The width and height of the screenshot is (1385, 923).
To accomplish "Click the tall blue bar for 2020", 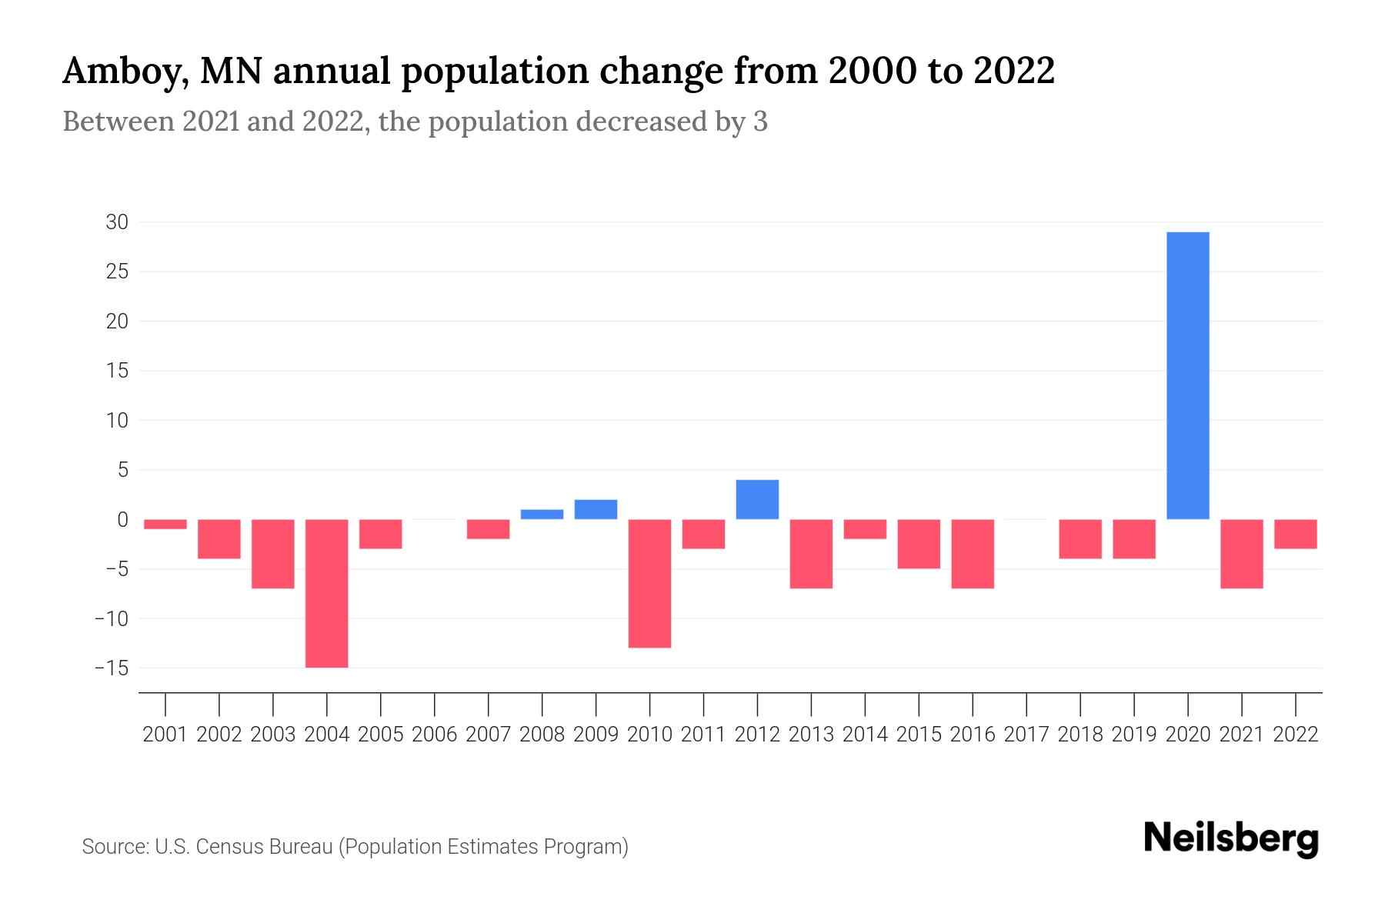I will (1188, 375).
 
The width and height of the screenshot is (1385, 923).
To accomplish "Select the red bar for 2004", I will (327, 593).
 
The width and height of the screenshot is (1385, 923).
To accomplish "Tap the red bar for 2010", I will (649, 583).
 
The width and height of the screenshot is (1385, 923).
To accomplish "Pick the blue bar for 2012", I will (757, 500).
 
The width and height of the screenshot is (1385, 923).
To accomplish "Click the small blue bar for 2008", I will (542, 515).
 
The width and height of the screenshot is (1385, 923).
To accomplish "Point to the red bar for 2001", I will (165, 525).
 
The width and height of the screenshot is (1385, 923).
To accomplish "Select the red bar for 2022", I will (1296, 534).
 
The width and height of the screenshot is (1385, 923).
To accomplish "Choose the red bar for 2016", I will (973, 554).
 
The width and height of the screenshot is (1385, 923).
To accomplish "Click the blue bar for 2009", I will (596, 510).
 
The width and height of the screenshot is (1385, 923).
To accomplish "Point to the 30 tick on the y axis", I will (117, 222).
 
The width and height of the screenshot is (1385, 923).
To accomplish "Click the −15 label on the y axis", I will (112, 668).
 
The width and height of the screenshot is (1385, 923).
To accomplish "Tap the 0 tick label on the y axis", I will (122, 520).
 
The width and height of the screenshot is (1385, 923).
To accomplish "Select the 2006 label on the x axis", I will (435, 735).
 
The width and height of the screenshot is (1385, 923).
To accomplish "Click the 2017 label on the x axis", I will (1026, 735).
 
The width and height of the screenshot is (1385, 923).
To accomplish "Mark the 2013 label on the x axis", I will (811, 735).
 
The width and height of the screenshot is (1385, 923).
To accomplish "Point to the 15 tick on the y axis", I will (117, 371).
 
